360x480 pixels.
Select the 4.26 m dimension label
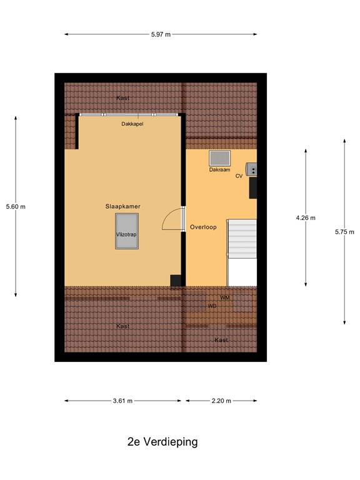[x=306, y=217]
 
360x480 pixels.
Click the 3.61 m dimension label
[x=122, y=401]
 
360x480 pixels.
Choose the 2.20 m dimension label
[x=221, y=401]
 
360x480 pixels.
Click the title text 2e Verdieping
[x=162, y=442]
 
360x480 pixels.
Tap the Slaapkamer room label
[x=122, y=206]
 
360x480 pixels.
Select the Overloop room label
[x=203, y=227]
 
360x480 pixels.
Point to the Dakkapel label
[x=132, y=124]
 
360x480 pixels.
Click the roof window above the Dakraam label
[x=219, y=158]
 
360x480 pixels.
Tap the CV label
[x=239, y=176]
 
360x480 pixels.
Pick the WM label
[x=225, y=297]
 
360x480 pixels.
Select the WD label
[x=212, y=306]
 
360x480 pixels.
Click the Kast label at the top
[x=123, y=98]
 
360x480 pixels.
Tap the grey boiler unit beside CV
[x=252, y=169]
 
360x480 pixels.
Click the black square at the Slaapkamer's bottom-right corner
[x=176, y=281]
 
